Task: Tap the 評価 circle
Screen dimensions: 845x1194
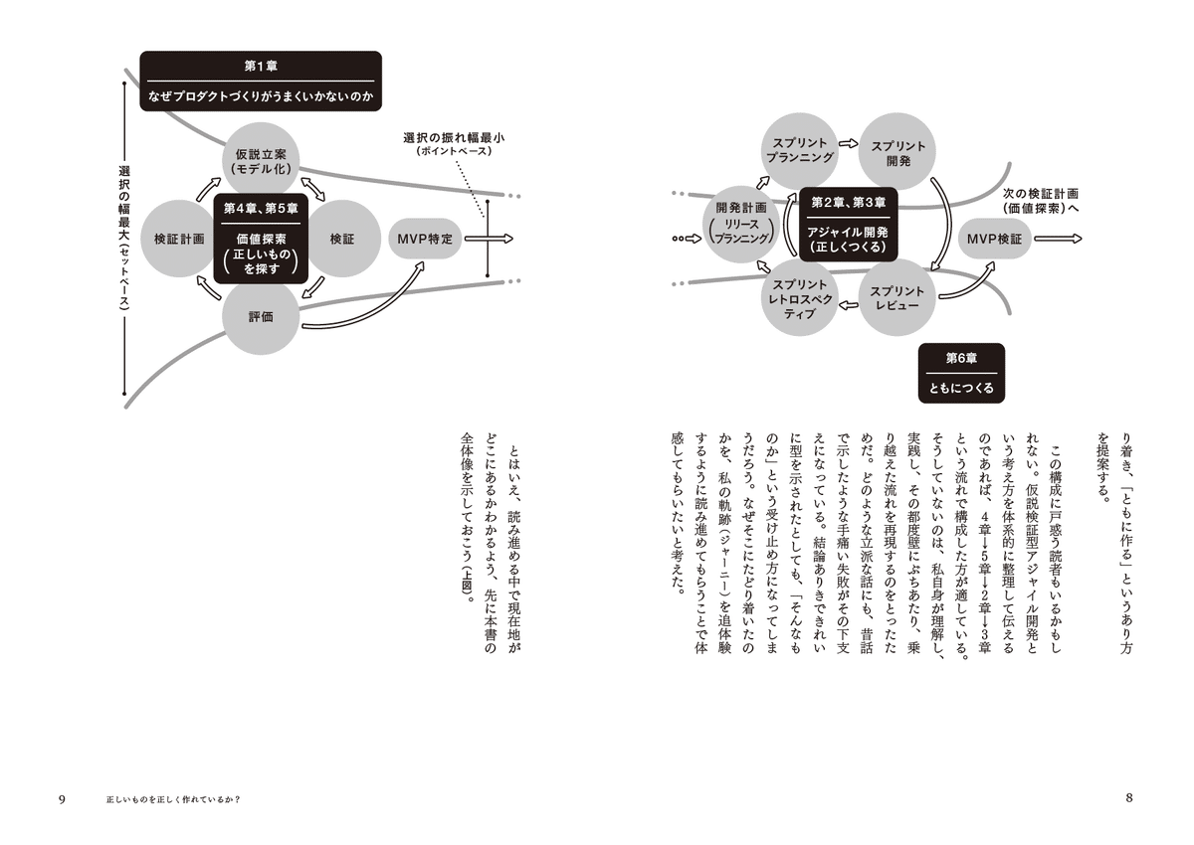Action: (261, 317)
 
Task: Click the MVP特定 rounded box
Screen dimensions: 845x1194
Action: (424, 240)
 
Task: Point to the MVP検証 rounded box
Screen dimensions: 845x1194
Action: (995, 240)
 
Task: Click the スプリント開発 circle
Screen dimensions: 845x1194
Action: (897, 151)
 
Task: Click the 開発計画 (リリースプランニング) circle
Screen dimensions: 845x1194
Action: (741, 231)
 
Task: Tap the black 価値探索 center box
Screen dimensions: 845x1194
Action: (261, 240)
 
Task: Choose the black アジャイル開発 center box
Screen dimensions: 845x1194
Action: (848, 224)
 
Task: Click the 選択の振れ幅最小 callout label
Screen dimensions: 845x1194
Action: (454, 142)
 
